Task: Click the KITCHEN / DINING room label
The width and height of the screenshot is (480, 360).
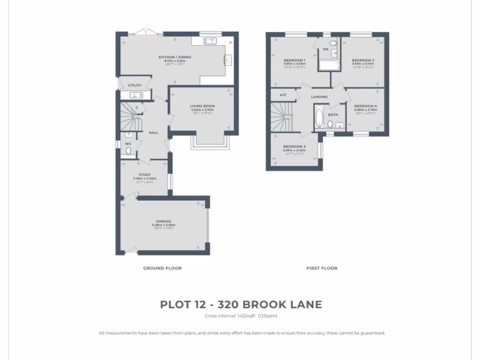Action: coord(174,57)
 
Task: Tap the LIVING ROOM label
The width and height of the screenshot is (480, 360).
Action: coord(202,106)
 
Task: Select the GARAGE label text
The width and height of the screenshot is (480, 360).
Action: coord(164,221)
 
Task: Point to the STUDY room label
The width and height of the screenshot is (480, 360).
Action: coord(144,175)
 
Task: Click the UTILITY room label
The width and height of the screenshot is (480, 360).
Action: coord(135,86)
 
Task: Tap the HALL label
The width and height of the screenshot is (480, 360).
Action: coord(153,133)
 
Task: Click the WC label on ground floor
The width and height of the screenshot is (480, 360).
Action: coord(128,143)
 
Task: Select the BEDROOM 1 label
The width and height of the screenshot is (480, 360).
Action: coord(294,60)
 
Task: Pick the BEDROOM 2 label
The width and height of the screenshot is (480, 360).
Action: coord(363,60)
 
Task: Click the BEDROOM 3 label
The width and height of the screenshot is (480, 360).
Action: coord(294,147)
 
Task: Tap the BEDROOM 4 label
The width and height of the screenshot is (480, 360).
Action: coord(366,106)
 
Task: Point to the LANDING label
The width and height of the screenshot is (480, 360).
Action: coord(319,97)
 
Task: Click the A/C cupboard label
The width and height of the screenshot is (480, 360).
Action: coord(283,95)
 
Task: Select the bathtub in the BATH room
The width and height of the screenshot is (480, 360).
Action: coord(319,117)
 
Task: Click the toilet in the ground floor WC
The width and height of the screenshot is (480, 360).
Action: coord(128,151)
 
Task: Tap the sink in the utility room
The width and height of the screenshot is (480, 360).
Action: coord(136,96)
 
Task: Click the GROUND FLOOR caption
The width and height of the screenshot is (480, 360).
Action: coord(162,268)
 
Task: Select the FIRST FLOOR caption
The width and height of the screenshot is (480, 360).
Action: coord(322,268)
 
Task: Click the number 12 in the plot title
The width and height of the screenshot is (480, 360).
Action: coord(199,305)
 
